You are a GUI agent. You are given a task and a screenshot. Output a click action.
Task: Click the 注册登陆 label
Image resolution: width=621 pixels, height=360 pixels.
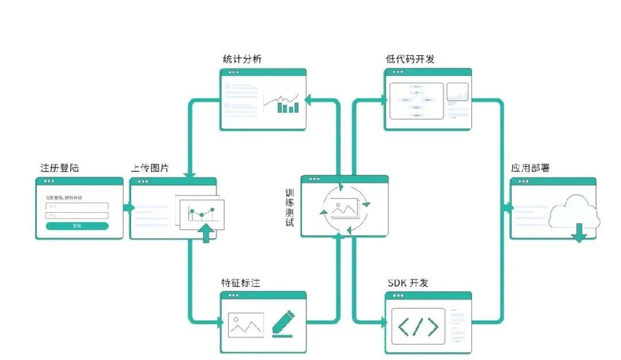60,168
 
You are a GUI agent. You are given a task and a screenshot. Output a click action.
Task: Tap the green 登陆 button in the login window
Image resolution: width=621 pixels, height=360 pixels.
77,226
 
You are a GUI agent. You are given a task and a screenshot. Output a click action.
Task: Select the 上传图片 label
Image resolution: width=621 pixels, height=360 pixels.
151,168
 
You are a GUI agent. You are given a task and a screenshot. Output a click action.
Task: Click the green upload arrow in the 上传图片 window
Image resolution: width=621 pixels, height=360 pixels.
205,233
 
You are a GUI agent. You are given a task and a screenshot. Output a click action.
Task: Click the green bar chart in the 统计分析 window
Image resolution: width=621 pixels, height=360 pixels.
288,107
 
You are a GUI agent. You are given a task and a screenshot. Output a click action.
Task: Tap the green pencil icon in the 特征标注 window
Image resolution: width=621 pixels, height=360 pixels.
282,323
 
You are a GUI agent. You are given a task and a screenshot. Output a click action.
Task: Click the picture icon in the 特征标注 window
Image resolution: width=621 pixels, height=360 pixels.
246,325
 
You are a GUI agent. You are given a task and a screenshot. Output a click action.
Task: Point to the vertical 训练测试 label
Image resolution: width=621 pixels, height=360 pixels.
290,207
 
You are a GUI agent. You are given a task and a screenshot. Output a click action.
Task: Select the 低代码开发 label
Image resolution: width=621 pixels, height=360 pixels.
409,60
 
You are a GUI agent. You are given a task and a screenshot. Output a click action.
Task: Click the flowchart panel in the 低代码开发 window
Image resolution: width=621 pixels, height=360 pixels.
416,101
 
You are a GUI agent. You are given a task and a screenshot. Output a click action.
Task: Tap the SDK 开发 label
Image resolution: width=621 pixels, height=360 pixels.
408,283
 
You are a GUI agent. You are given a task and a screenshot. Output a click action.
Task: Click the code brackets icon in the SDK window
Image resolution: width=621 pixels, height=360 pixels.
418,326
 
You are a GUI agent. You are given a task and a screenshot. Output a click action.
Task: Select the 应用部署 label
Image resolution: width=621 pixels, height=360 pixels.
530,168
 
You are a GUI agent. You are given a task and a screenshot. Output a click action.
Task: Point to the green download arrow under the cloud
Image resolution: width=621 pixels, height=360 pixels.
579,232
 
